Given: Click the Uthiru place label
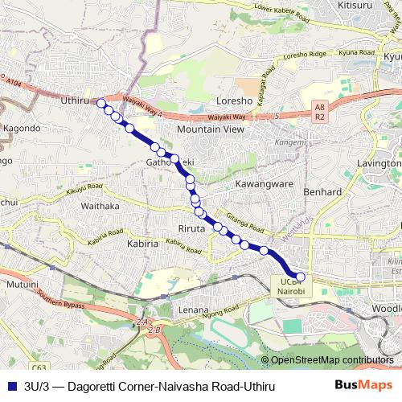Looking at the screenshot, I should point(75,101).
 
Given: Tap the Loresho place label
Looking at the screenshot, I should point(235,102).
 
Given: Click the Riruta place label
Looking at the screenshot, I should point(192,229).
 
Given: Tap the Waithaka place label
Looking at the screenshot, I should point(100,206).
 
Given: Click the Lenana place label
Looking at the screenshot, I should point(193,310).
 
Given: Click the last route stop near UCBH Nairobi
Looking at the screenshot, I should point(301,277).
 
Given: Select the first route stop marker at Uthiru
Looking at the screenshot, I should point(101,103).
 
